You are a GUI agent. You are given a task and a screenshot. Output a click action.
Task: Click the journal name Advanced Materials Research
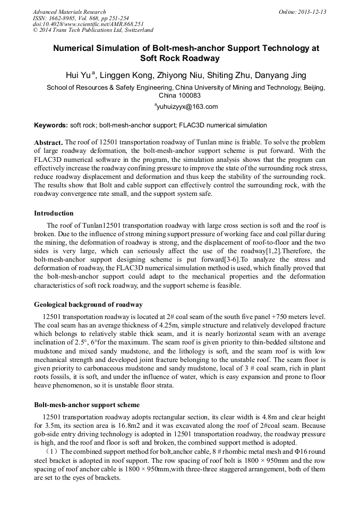tap(70, 12)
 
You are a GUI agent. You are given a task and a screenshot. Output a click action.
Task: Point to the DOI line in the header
tap(88, 24)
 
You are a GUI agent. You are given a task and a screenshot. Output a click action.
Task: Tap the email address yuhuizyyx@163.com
tap(186, 107)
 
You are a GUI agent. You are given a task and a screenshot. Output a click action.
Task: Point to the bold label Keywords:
tap(50, 125)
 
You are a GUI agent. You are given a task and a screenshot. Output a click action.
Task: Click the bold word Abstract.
tap(48, 143)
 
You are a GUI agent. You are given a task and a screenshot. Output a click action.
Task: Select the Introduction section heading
tap(54, 213)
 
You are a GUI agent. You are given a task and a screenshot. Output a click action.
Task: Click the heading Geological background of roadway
tap(88, 305)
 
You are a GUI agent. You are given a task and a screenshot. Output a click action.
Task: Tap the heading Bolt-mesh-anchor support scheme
tap(87, 405)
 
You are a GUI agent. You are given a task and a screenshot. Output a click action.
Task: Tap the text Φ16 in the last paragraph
tap(288, 451)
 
